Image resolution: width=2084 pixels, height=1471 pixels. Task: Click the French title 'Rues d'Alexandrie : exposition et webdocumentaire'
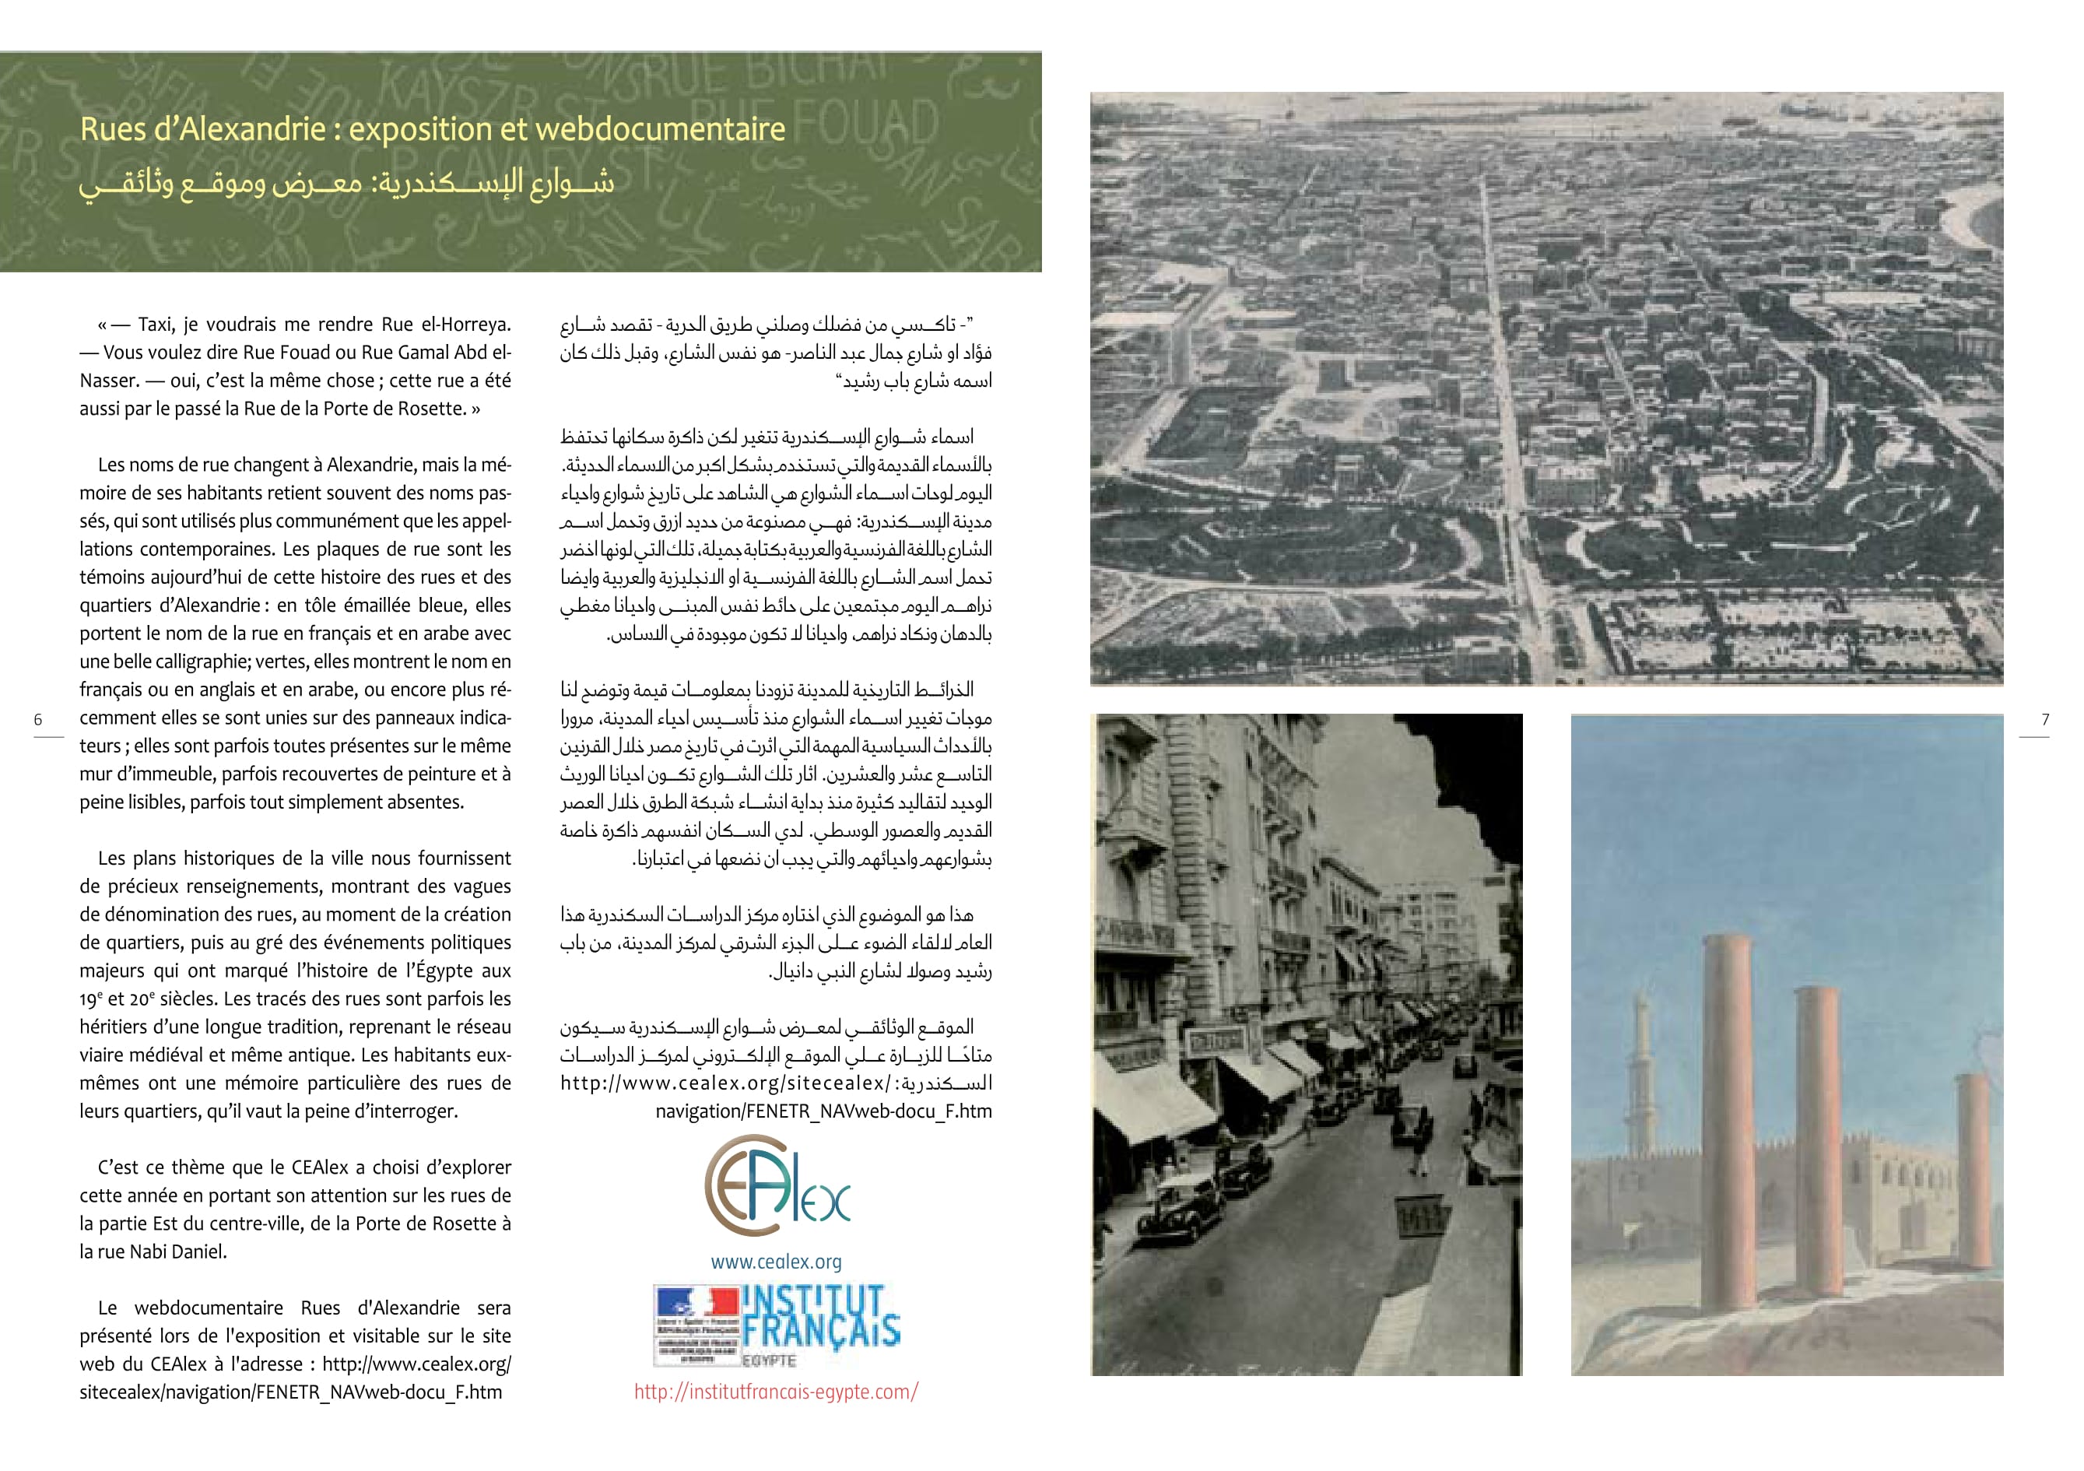(432, 129)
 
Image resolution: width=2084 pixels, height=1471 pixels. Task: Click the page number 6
(38, 719)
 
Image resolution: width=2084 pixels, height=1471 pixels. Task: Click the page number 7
(2045, 719)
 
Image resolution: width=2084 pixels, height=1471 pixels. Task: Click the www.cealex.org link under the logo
(776, 1261)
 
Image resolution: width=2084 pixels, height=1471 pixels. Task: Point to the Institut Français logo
(776, 1325)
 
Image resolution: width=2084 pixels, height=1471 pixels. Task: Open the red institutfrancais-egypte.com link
(776, 1391)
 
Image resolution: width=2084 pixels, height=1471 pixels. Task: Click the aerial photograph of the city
(1545, 388)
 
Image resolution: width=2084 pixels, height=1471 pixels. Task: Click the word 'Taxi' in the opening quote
(157, 324)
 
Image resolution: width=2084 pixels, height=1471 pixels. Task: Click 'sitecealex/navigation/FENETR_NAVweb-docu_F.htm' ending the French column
(290, 1392)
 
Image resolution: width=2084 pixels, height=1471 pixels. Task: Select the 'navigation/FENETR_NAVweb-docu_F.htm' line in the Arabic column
(823, 1111)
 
